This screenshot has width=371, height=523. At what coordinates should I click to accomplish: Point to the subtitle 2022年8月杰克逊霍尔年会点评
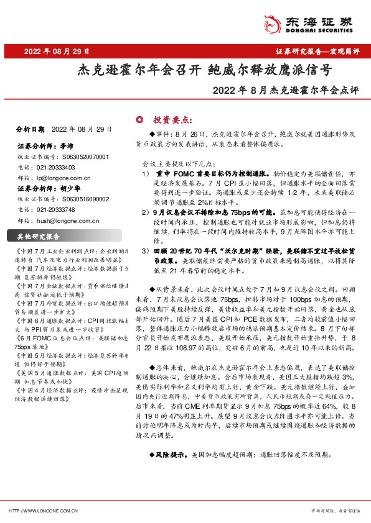click(286, 91)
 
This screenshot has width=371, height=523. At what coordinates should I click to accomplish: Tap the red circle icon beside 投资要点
click(140, 119)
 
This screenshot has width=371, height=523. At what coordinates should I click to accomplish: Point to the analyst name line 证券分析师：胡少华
click(49, 188)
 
